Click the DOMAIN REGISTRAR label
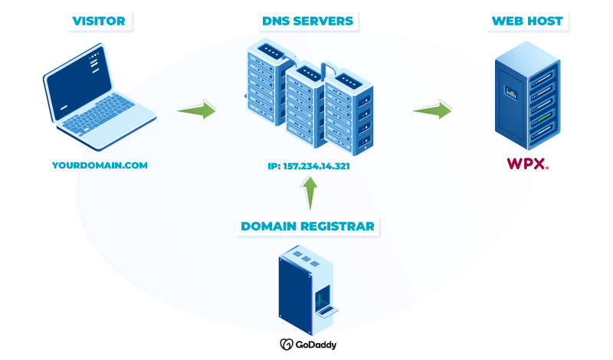point(307,226)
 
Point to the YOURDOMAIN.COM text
point(100,165)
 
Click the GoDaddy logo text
point(321,345)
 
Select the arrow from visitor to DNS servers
point(196,110)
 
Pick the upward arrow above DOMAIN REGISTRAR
point(308,194)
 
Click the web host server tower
point(526,97)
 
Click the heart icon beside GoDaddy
point(286,345)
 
